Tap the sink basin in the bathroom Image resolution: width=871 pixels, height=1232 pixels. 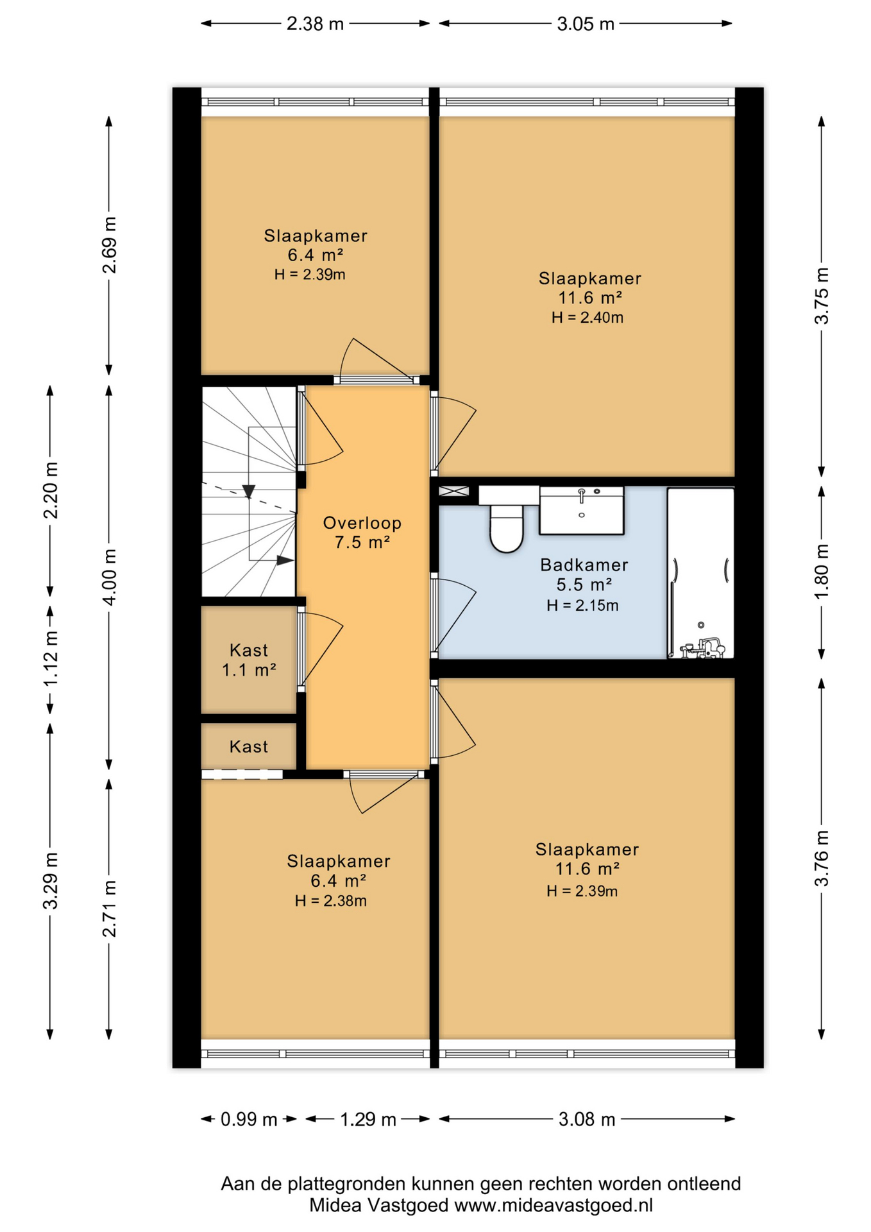pos(582,510)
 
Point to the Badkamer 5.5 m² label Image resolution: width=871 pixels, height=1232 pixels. pos(584,574)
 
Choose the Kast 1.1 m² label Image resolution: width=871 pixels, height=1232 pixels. pos(249,660)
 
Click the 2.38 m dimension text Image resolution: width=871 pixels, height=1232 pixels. pos(315,24)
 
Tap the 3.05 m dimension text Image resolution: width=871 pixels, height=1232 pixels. pos(586,24)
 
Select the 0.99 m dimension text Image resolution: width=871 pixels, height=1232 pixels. pos(249,1120)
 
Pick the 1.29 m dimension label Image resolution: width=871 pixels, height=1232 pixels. pos(368,1120)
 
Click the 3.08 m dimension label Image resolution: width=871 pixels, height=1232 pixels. pos(587,1120)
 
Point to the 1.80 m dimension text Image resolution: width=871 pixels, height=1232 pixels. pos(822,571)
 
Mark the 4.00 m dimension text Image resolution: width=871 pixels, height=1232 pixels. pos(110,577)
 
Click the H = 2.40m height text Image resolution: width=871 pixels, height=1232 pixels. pos(588,318)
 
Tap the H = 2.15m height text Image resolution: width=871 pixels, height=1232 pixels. pos(582,606)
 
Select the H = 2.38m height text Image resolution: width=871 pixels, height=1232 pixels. pos(331,901)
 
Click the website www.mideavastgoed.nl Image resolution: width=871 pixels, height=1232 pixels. pos(554,1206)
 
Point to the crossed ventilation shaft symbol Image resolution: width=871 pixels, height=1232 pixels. pos(454,492)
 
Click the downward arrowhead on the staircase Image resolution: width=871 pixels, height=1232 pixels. pos(249,492)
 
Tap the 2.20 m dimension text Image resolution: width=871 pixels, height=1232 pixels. pos(51,490)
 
